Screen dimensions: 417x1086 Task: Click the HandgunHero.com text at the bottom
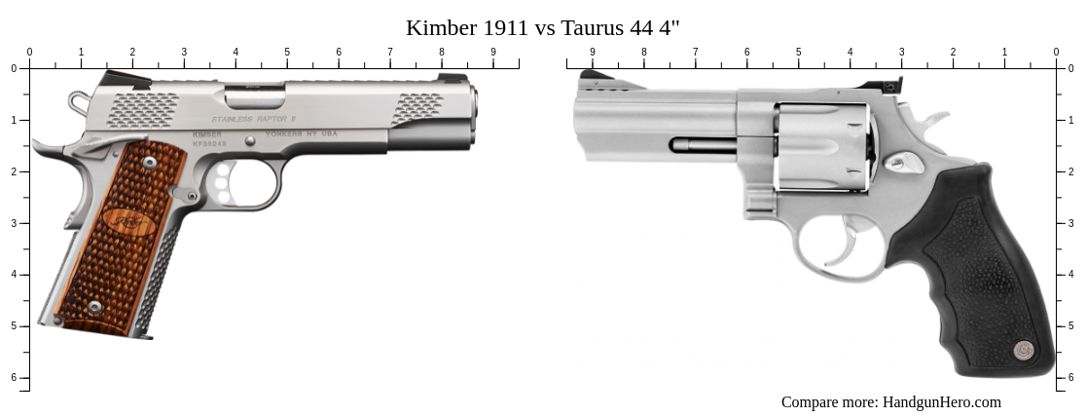pyautogui.click(x=941, y=402)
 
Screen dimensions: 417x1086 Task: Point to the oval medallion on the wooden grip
pyautogui.click(x=127, y=222)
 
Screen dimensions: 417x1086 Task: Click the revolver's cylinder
pyautogui.click(x=822, y=146)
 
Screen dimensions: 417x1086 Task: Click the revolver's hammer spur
pyautogui.click(x=935, y=120)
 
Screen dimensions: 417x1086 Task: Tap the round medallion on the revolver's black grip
pyautogui.click(x=1023, y=349)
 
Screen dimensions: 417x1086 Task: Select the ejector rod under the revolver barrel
pyautogui.click(x=703, y=145)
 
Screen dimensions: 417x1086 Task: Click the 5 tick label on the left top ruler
pyautogui.click(x=287, y=53)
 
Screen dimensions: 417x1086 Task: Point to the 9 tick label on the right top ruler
pyautogui.click(x=593, y=53)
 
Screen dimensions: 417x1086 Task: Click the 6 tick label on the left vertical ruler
pyautogui.click(x=14, y=377)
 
